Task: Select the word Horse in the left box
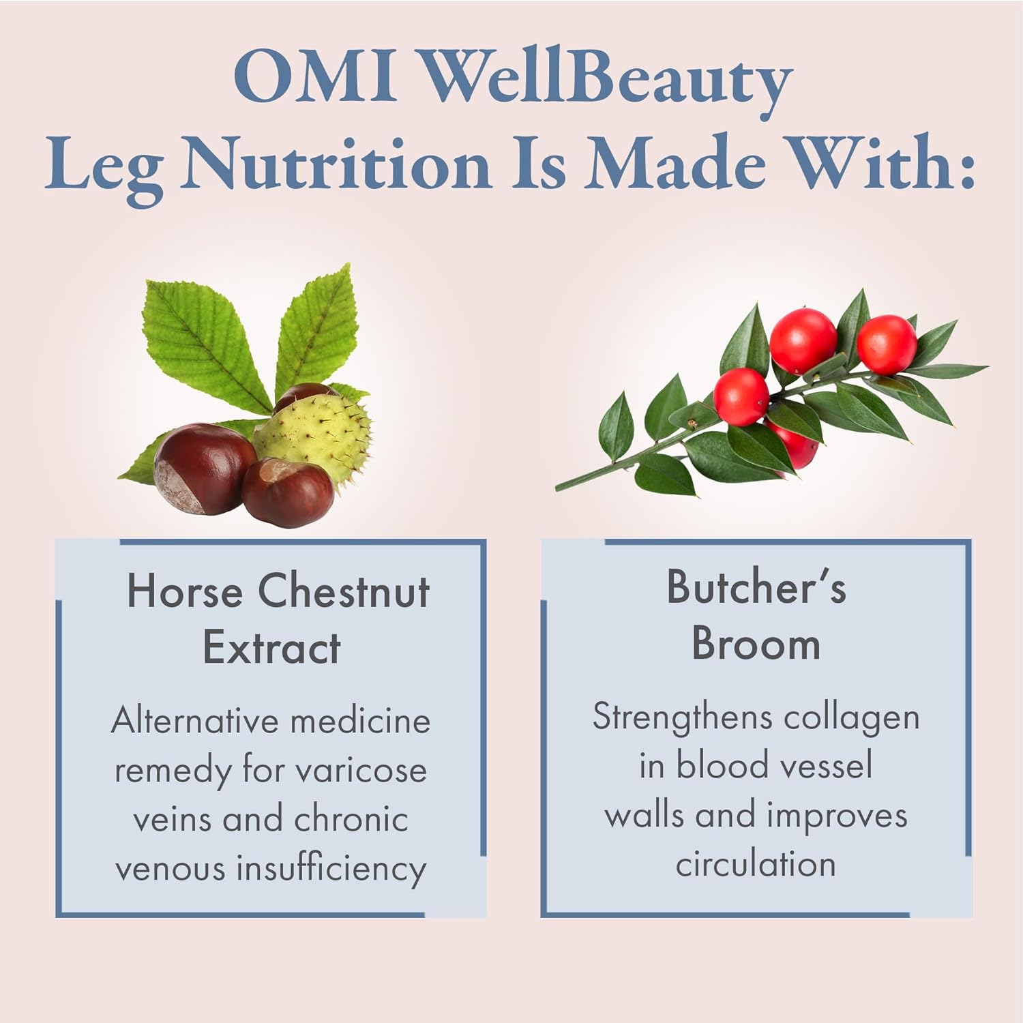coord(185,591)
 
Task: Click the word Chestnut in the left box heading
coord(344,591)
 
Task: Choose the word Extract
coord(271,648)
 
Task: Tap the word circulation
coord(756,864)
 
